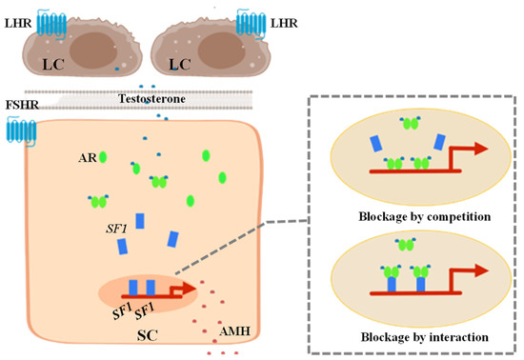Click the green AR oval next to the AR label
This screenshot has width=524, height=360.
click(x=100, y=157)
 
